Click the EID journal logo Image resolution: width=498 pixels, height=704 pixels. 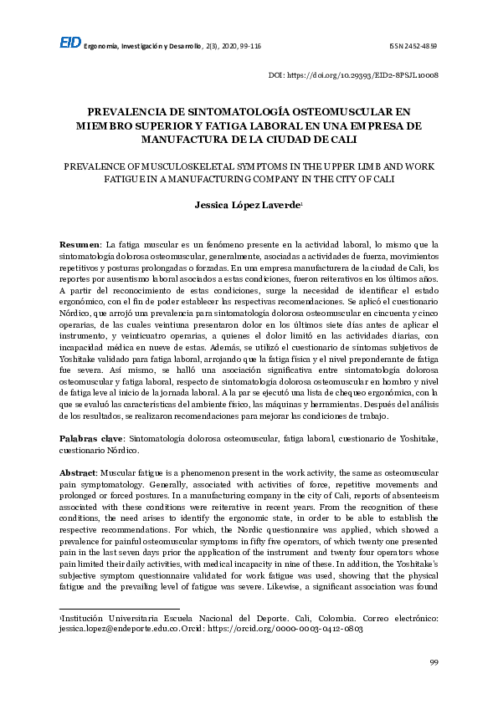pos(70,43)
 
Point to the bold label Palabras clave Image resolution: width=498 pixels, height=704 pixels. pos(90,438)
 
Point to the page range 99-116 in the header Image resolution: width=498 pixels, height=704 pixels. pos(247,45)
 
